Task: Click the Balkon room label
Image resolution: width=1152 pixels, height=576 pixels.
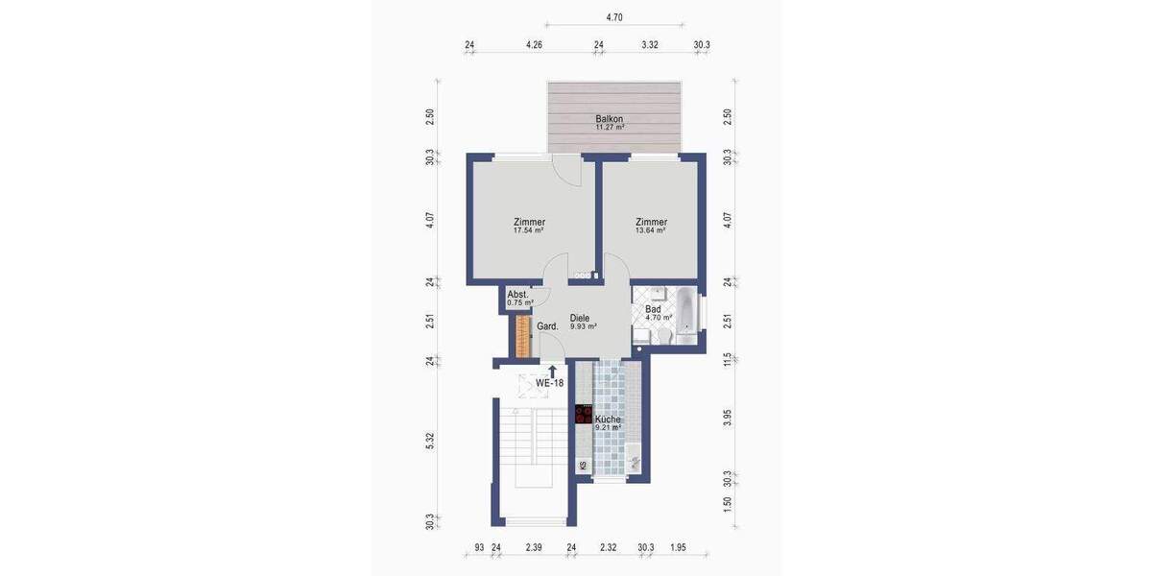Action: (610, 118)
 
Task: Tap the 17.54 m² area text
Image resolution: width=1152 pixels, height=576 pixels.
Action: (528, 230)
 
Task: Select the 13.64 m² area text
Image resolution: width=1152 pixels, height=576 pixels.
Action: (651, 230)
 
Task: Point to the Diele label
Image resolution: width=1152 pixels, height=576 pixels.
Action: (580, 318)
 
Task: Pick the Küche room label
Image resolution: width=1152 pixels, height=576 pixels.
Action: (608, 420)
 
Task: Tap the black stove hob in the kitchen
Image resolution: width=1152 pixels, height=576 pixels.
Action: (583, 415)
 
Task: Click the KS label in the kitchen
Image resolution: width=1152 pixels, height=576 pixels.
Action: (583, 466)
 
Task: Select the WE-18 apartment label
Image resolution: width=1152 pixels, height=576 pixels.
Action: (549, 383)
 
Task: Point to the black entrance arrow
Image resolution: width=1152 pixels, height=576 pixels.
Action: (552, 370)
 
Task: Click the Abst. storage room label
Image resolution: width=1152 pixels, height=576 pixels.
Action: (518, 294)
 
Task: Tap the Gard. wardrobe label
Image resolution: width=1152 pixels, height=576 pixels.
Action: (547, 326)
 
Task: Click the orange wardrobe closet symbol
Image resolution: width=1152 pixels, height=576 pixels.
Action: (522, 335)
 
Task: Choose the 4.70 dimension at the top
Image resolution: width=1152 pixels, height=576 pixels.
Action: (614, 16)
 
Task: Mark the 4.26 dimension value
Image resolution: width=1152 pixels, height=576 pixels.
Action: (535, 44)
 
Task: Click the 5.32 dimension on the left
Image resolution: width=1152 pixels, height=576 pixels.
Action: (431, 441)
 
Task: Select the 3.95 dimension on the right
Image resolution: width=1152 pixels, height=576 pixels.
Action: (728, 418)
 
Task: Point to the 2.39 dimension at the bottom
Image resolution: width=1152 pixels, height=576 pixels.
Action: (534, 547)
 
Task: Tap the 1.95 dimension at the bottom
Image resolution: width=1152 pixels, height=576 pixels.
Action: (678, 547)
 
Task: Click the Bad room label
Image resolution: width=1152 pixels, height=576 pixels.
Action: (653, 309)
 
